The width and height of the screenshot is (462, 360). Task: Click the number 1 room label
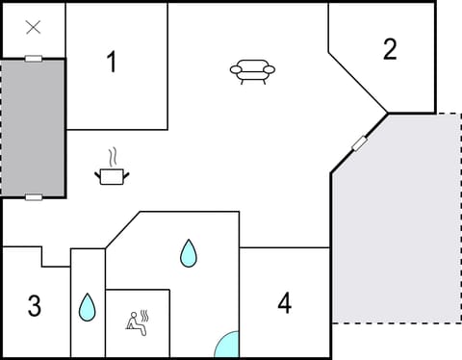112,63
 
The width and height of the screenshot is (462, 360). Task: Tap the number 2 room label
390,49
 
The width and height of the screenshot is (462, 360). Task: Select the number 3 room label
35,307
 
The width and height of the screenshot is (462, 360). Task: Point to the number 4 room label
284,303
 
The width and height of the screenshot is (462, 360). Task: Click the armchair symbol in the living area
252,70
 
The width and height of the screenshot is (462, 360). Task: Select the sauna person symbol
137,322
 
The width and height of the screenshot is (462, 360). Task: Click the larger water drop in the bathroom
188,253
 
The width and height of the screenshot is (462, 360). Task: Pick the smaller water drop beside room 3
87,307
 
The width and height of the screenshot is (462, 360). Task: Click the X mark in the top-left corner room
33,28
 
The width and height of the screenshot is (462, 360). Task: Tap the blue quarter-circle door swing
228,346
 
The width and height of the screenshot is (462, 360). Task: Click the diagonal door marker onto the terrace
360,143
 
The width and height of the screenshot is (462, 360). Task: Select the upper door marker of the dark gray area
34,59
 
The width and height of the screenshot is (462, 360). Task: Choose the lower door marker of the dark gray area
34,197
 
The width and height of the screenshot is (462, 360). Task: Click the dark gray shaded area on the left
33,128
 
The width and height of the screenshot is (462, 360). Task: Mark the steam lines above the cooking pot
114,156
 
